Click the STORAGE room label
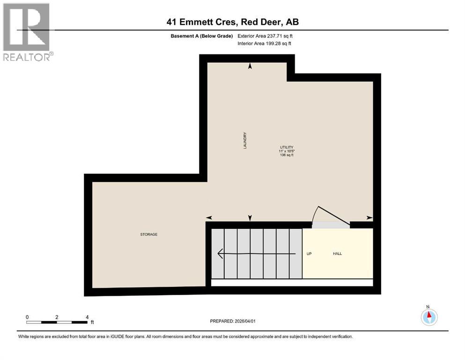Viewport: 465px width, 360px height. pyautogui.click(x=148, y=234)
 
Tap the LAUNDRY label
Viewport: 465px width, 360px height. pyautogui.click(x=245, y=141)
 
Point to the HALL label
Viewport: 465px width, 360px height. pyautogui.click(x=337, y=254)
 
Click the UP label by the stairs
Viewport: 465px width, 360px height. pyautogui.click(x=309, y=254)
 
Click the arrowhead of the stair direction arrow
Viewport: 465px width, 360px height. pyautogui.click(x=220, y=254)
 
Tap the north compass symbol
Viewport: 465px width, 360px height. pyautogui.click(x=429, y=317)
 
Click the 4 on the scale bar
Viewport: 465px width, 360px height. pyautogui.click(x=87, y=317)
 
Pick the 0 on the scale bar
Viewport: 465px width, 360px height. pyautogui.click(x=28, y=317)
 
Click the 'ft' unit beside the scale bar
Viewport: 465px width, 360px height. pyautogui.click(x=92, y=322)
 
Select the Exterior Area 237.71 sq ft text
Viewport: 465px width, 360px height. pyautogui.click(x=267, y=36)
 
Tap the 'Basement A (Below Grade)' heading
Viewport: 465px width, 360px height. pyautogui.click(x=202, y=36)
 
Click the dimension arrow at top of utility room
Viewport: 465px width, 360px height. pyautogui.click(x=250, y=67)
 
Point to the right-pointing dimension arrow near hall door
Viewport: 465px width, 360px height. pyautogui.click(x=369, y=217)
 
